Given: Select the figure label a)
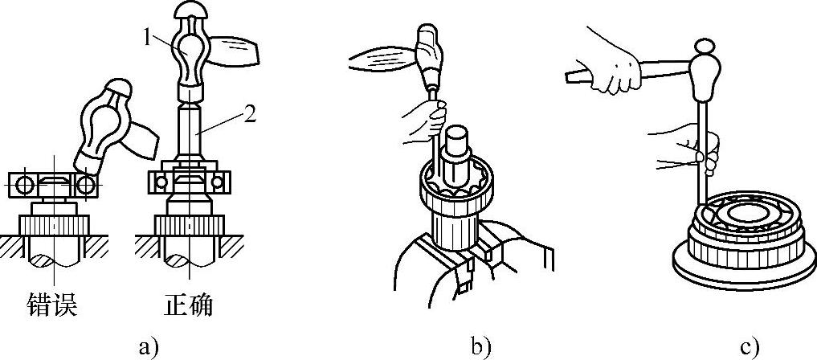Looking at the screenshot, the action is [x=145, y=347].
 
